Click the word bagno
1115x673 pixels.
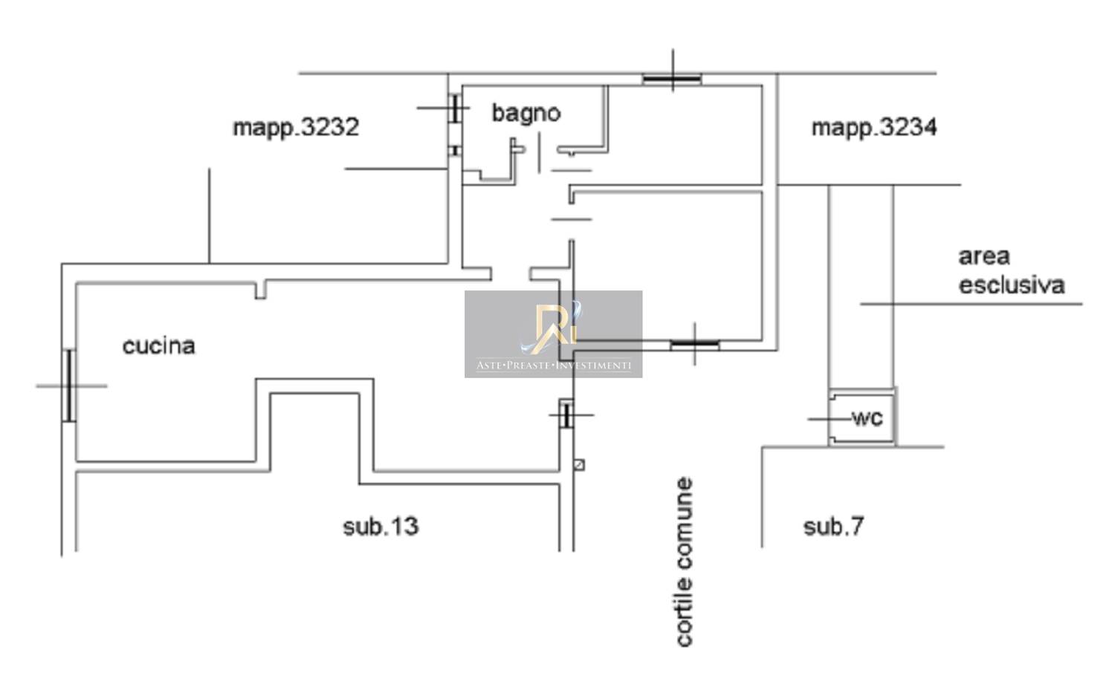(x=526, y=113)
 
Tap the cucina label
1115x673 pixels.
(x=158, y=346)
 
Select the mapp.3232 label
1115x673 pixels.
(x=296, y=128)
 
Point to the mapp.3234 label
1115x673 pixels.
(x=873, y=128)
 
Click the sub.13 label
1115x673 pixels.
(x=381, y=527)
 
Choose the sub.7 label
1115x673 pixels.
(x=833, y=527)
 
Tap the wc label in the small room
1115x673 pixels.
(x=867, y=418)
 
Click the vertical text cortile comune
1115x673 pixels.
(x=684, y=562)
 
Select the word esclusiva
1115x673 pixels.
(x=1011, y=285)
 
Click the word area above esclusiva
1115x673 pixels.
(x=983, y=257)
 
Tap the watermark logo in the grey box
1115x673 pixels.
(x=553, y=328)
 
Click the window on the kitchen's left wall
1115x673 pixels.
(x=69, y=386)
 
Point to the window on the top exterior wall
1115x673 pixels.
(x=672, y=78)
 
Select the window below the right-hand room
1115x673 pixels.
(x=694, y=344)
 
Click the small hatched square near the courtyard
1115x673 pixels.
(x=579, y=465)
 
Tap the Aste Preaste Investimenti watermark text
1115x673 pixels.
(x=553, y=365)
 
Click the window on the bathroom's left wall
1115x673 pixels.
(x=453, y=108)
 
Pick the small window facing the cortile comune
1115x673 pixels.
(x=566, y=414)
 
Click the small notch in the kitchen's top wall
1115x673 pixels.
(x=261, y=290)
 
